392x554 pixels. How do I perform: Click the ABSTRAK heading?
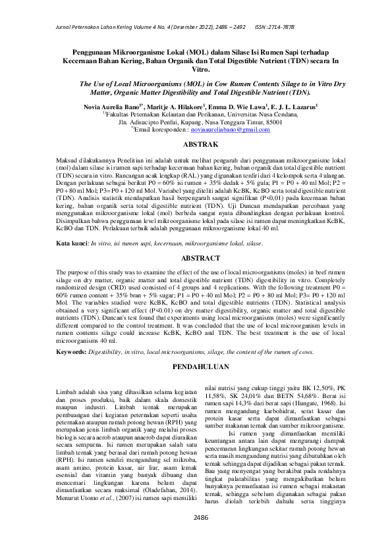coord(196,142)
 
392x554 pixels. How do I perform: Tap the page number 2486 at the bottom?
coord(196,535)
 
